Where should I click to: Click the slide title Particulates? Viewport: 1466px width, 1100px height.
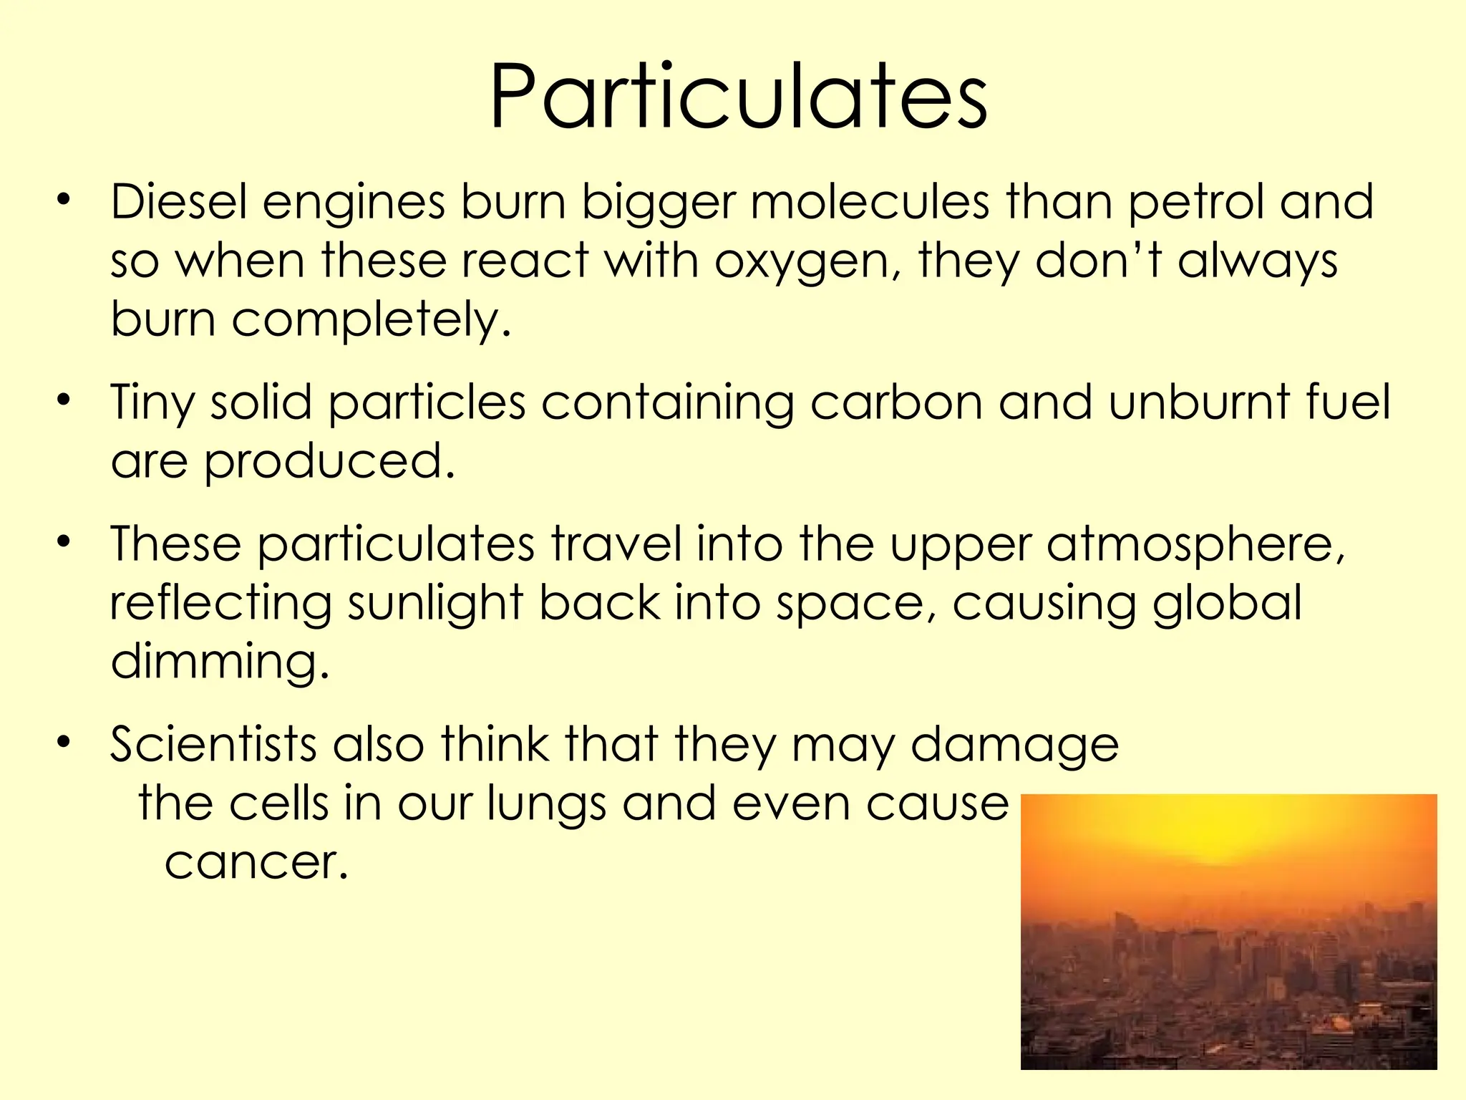coord(738,97)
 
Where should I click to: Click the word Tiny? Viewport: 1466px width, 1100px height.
coord(152,403)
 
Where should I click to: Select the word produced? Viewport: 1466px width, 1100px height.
coord(329,462)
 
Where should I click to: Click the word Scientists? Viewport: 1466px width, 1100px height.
coord(213,744)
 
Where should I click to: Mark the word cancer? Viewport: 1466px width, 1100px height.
coord(256,862)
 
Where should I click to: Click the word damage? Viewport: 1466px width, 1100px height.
coord(1014,746)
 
